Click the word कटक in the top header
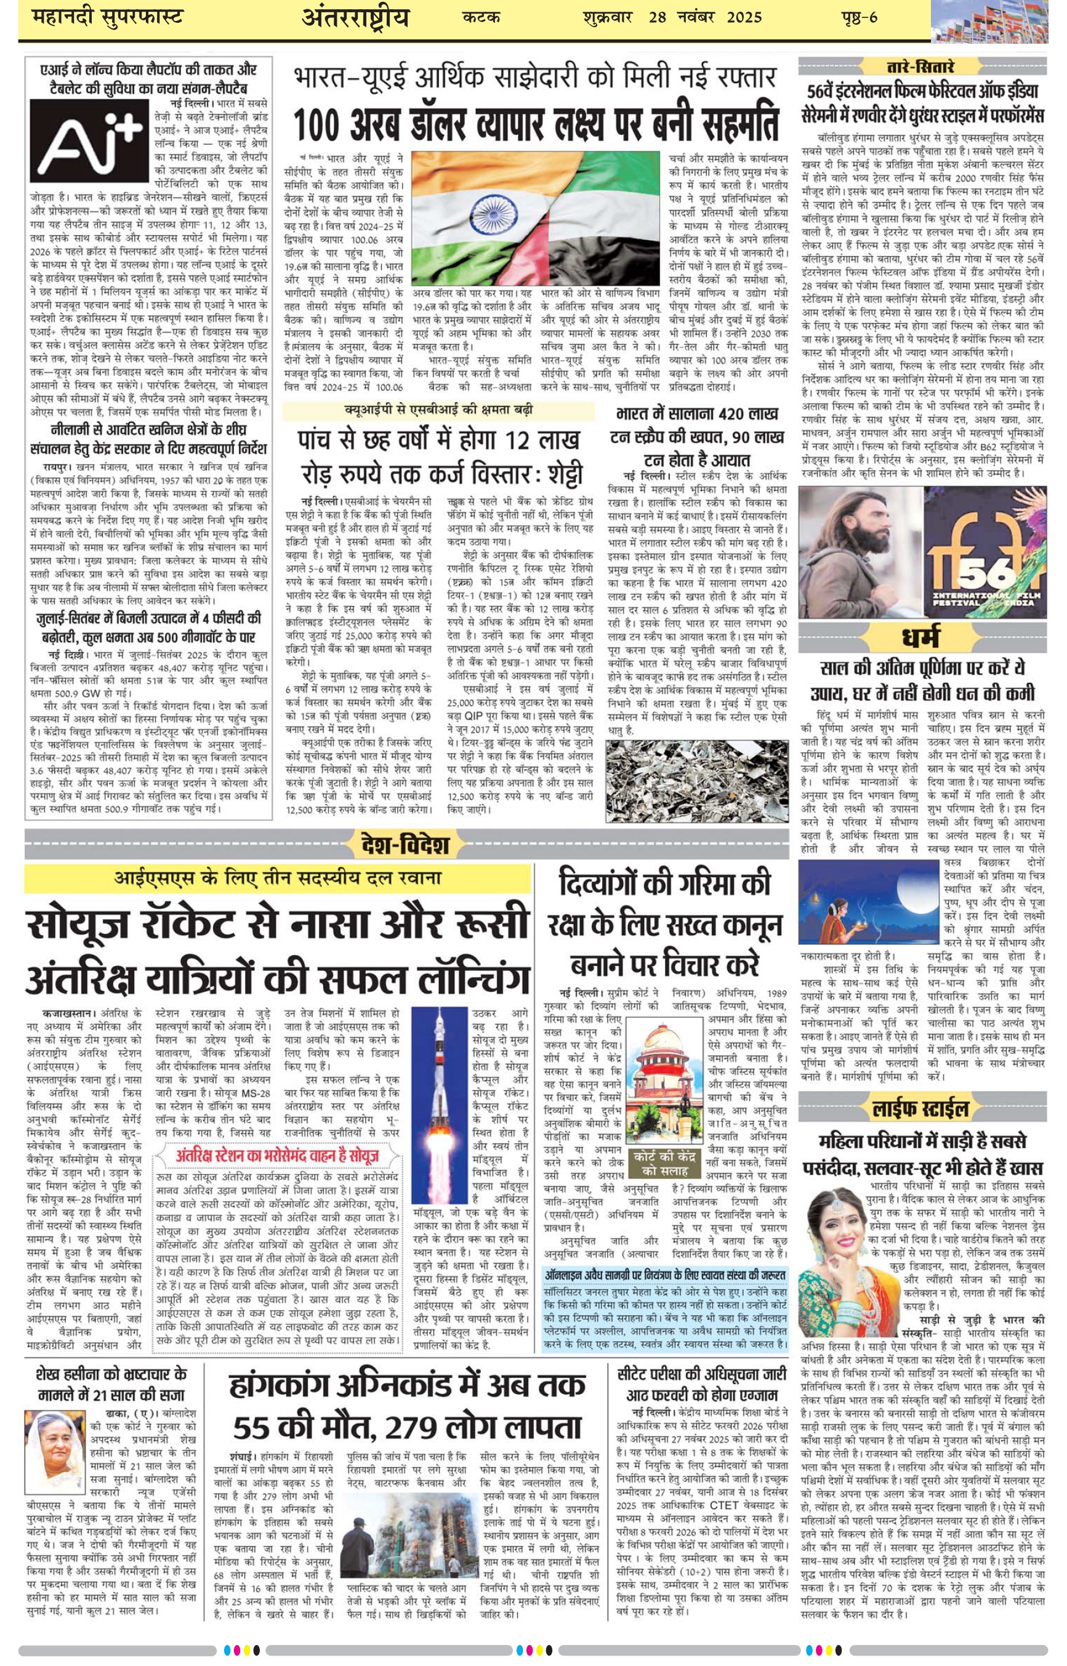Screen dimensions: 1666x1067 [x=481, y=17]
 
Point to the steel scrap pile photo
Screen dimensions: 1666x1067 [x=696, y=781]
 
